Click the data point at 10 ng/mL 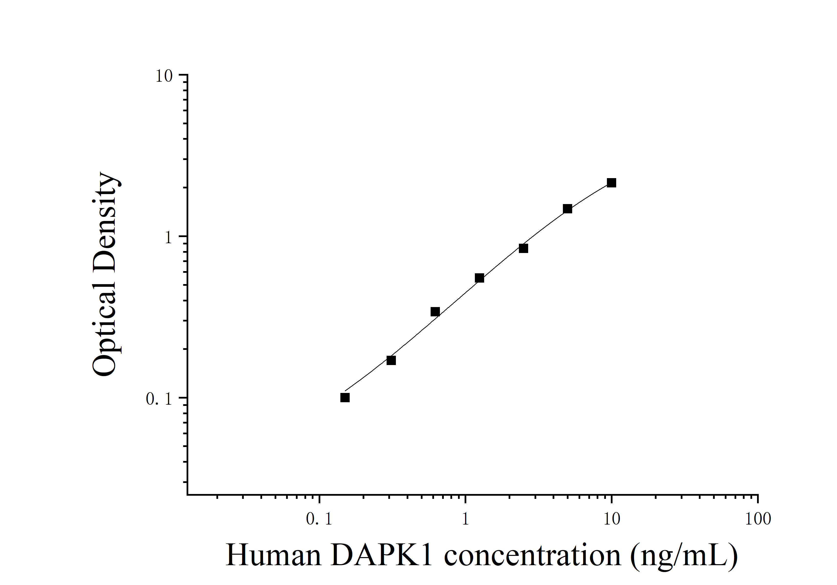pos(611,183)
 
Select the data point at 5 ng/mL pos(567,209)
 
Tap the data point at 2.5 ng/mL pos(523,248)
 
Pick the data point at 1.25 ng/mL pos(479,278)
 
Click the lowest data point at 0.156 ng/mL pos(345,398)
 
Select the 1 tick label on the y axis pos(168,238)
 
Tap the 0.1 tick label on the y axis pos(159,399)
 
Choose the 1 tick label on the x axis pos(465,519)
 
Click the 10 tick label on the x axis pos(611,519)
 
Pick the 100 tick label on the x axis pos(758,519)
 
